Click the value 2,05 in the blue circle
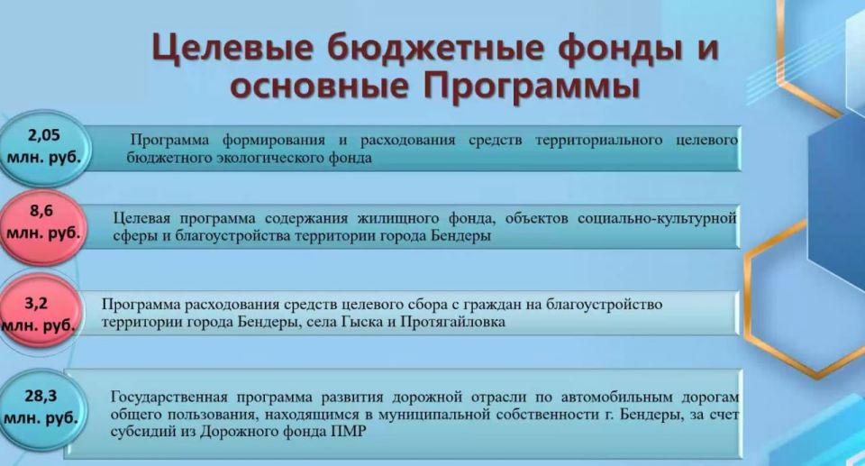(x=44, y=135)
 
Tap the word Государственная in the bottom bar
(x=169, y=397)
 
